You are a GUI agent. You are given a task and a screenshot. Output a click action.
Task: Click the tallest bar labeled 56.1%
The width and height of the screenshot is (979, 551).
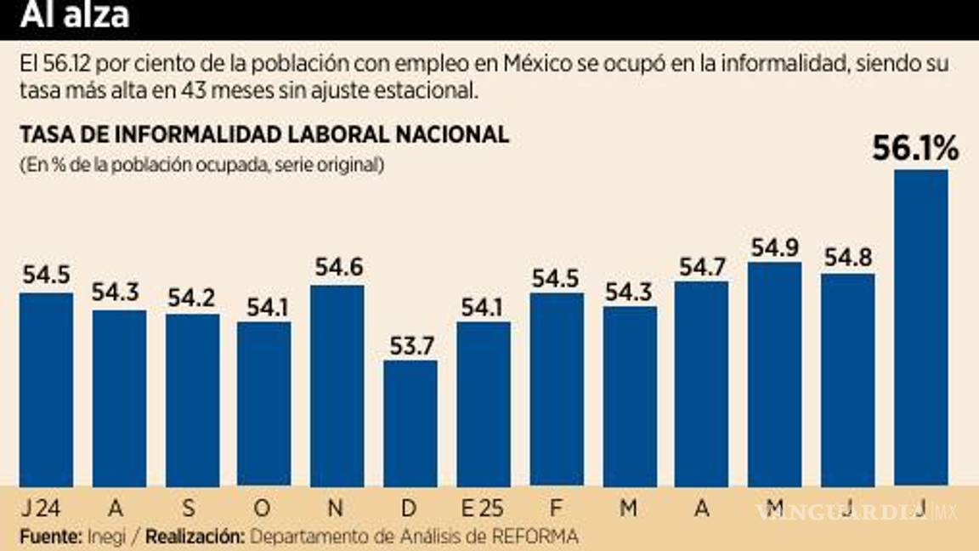(x=920, y=327)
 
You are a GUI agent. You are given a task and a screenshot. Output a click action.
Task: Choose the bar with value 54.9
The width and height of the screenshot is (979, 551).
(x=774, y=374)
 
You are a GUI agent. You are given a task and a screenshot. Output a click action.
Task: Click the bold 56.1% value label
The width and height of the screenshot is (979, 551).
(x=915, y=150)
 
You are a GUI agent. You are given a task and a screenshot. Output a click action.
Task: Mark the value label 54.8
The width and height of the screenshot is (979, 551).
(x=846, y=258)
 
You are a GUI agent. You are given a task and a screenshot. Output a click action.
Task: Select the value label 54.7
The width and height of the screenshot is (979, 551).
(x=701, y=266)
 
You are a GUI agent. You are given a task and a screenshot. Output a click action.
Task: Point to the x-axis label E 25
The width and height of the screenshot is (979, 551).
(x=481, y=508)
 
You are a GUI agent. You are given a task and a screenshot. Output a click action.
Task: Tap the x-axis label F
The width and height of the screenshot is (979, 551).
(x=557, y=508)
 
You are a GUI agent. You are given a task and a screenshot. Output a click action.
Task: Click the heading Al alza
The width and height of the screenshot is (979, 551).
(x=75, y=14)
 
